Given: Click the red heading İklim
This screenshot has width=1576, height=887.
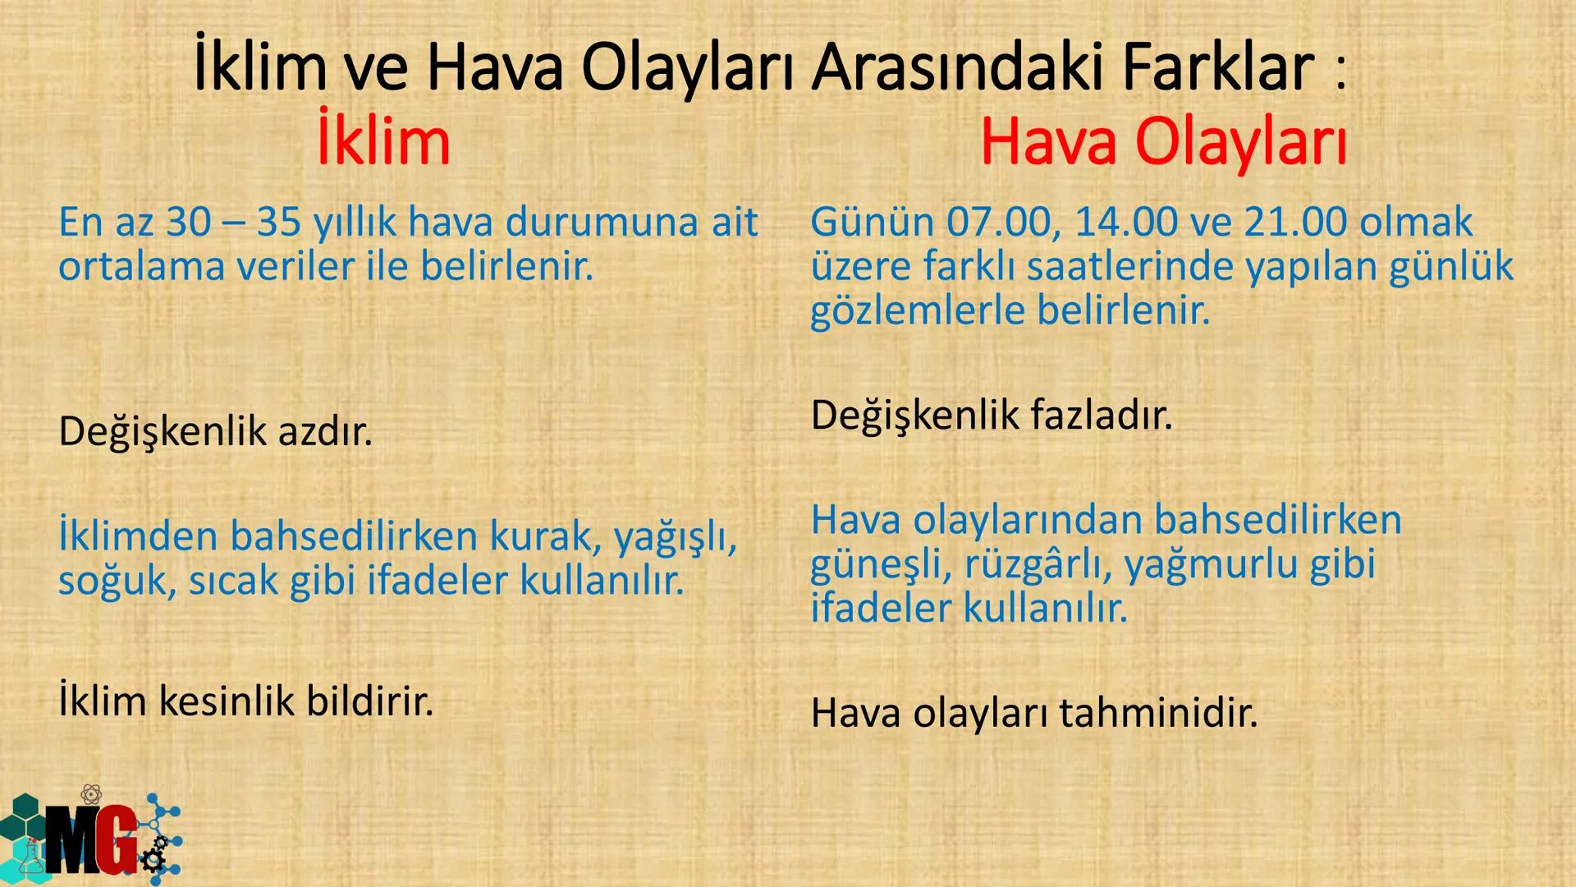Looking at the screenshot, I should point(383,141).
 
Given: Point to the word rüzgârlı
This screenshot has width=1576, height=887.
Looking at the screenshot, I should point(1037,564).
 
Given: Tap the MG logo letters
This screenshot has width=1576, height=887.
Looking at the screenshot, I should point(90,839).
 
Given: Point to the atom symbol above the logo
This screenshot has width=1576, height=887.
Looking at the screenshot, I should point(92,794).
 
